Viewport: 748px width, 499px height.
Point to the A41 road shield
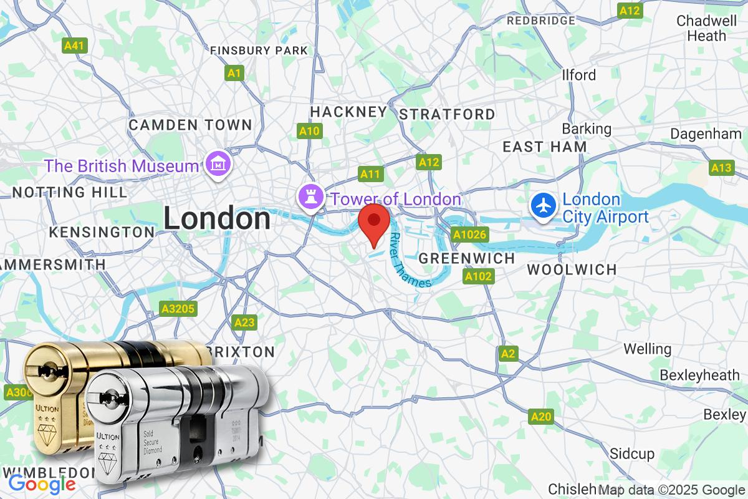click(75, 46)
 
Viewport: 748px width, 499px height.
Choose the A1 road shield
click(234, 74)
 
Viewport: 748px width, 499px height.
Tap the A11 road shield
click(370, 174)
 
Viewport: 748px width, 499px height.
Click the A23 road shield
click(244, 322)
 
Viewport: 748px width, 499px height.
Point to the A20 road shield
click(540, 417)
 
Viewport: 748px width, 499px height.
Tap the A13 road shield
click(721, 168)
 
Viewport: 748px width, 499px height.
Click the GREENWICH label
click(467, 258)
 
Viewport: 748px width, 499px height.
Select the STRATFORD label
click(447, 114)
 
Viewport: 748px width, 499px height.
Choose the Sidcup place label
click(632, 453)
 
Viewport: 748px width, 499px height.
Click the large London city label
click(217, 219)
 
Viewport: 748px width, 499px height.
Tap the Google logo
click(42, 483)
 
